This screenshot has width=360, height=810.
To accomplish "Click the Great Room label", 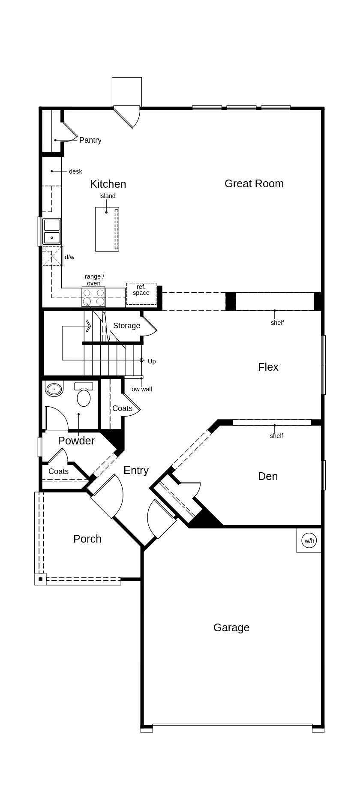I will point(254,183).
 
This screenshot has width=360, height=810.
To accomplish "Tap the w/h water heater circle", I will point(309,540).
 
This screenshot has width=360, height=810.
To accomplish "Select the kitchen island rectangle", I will point(107,229).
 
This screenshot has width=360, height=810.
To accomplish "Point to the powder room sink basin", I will point(54,389).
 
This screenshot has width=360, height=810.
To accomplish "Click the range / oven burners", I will point(93,297).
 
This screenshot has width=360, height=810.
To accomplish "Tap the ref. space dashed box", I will point(141,294).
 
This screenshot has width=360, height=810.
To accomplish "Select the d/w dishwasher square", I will point(52,256).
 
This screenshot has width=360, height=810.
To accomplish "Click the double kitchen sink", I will point(52,231).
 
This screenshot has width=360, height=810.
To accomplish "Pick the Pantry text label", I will point(90,140).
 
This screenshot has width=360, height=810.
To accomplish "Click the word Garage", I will point(231,627).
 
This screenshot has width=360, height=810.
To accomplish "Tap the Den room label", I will point(267,476).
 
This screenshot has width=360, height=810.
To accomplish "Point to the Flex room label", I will point(268,367).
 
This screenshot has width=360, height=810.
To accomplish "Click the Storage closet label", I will point(126,326).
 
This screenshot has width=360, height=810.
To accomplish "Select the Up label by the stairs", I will point(152,361).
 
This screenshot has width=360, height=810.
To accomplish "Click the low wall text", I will point(141,389).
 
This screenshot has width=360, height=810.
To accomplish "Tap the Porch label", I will point(87,539).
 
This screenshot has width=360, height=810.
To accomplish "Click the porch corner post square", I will point(40,579).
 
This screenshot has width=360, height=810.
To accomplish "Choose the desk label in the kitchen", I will point(75,171).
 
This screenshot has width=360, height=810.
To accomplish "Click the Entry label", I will point(136,470).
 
